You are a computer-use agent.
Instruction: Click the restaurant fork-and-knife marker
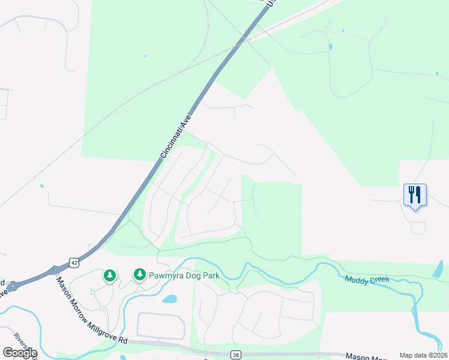(x=415, y=195)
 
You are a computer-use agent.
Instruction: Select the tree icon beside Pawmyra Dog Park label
(x=140, y=275)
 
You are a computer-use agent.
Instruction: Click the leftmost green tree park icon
(x=109, y=275)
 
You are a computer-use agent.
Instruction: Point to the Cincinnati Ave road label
(x=176, y=137)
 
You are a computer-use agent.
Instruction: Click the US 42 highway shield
(x=73, y=262)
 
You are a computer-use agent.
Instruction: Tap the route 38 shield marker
(x=235, y=355)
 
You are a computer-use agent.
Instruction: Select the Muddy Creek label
(x=367, y=279)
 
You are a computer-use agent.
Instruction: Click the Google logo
(x=20, y=353)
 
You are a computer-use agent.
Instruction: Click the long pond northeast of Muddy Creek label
(x=438, y=269)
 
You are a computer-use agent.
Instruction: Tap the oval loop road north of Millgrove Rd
(x=161, y=325)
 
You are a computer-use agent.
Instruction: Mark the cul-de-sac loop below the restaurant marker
(x=418, y=227)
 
